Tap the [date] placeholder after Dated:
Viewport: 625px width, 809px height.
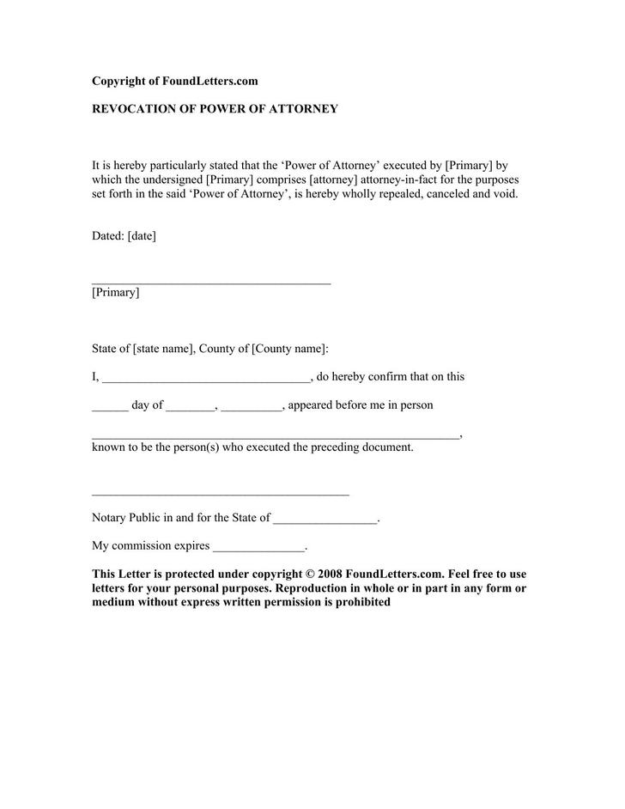tap(142, 235)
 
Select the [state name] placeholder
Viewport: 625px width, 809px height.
tap(163, 349)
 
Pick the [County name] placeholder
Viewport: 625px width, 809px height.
tap(288, 349)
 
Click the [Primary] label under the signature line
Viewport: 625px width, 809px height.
tap(115, 292)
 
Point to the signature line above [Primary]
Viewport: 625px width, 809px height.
tap(211, 283)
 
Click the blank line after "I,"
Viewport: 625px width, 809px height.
tap(206, 379)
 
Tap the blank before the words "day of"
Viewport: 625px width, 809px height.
tap(110, 408)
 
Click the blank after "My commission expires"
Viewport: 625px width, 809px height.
tap(258, 549)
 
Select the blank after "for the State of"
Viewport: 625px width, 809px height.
tap(325, 521)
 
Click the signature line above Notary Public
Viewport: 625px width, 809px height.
tap(220, 495)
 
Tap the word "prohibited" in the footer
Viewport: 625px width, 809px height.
tap(362, 602)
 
